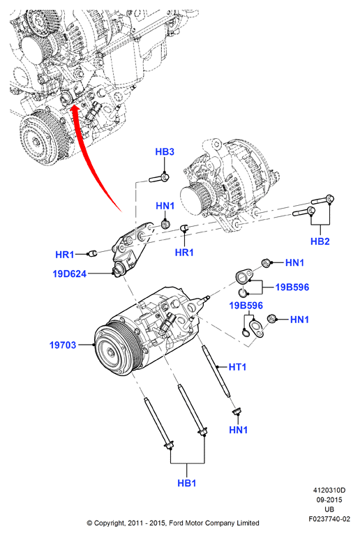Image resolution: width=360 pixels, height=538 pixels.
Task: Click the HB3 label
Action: coord(165,151)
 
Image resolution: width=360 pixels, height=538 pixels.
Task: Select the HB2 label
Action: coord(320,241)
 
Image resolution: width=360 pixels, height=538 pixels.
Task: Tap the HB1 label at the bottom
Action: coord(187,483)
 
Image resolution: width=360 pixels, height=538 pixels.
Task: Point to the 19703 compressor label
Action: coord(63,345)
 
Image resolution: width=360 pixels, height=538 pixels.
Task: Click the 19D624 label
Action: coord(69,274)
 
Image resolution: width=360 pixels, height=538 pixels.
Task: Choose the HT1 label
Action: coord(237,367)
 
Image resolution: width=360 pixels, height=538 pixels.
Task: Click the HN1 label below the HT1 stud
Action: coord(238,430)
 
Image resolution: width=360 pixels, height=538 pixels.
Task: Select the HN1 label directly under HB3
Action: coord(165,206)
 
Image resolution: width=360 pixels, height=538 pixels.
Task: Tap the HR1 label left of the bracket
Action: coord(64,255)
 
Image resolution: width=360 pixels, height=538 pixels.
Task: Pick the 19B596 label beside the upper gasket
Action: coord(292,287)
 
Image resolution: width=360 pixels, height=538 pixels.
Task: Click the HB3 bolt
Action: coord(159,179)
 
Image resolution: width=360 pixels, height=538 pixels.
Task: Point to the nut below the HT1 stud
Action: coord(237,411)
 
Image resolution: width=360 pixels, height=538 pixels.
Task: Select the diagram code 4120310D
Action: coord(329,491)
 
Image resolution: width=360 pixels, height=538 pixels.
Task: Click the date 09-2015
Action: coord(329,500)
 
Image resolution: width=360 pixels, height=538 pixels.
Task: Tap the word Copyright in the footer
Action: coord(108,523)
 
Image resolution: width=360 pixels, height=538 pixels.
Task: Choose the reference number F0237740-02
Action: coord(329,519)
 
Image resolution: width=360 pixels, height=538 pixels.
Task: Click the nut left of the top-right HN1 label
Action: coord(266,263)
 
